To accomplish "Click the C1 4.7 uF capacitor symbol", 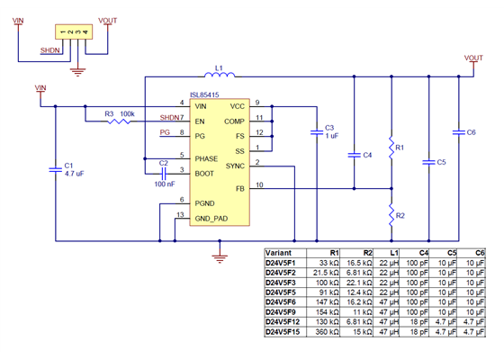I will coord(56,172).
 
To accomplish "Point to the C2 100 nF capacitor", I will coord(163,171).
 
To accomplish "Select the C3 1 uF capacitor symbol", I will coord(316,132).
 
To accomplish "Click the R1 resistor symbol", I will coord(391,147).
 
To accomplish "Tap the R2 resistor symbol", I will coord(391,215).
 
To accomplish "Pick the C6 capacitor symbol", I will coord(459,132).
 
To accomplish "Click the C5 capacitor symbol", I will coord(427,162).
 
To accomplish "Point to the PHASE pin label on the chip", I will coord(206,158).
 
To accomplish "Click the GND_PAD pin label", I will coord(212,217).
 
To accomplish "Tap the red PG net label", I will coord(164,132).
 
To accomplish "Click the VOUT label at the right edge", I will coord(473,58).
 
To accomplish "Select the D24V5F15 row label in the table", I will coord(283,333).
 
